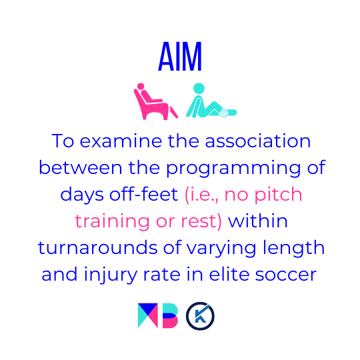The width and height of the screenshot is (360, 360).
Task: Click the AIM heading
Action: [x=180, y=56]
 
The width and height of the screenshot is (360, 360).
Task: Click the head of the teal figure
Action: [x=199, y=89]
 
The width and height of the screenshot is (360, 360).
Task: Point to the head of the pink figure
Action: [x=141, y=86]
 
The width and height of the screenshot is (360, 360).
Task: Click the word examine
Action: [x=121, y=141]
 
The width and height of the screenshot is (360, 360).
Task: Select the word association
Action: [x=258, y=141]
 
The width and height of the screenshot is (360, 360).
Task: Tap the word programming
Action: [x=234, y=169]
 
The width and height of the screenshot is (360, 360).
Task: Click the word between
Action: [x=81, y=167]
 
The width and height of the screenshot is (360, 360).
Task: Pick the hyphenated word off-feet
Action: [x=144, y=194]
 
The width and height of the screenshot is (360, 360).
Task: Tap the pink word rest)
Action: [x=201, y=221]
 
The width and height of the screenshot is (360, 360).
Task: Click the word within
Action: [x=257, y=221]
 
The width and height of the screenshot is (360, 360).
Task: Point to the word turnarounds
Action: [x=97, y=247]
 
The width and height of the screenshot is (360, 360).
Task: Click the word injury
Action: [x=111, y=275]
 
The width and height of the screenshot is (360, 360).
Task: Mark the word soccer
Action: [x=286, y=275]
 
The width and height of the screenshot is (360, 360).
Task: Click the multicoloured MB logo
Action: [x=158, y=315]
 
